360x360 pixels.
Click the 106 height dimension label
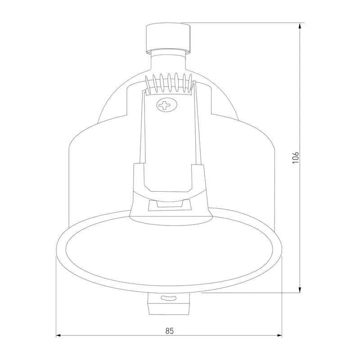296,157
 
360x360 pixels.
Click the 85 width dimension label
170,331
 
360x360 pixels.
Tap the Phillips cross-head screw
167,105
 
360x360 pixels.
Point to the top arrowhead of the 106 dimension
300,26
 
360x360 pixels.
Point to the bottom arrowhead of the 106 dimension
300,290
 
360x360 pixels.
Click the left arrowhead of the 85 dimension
58,335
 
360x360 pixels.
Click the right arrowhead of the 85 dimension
279,335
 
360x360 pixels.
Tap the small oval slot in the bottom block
168,298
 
